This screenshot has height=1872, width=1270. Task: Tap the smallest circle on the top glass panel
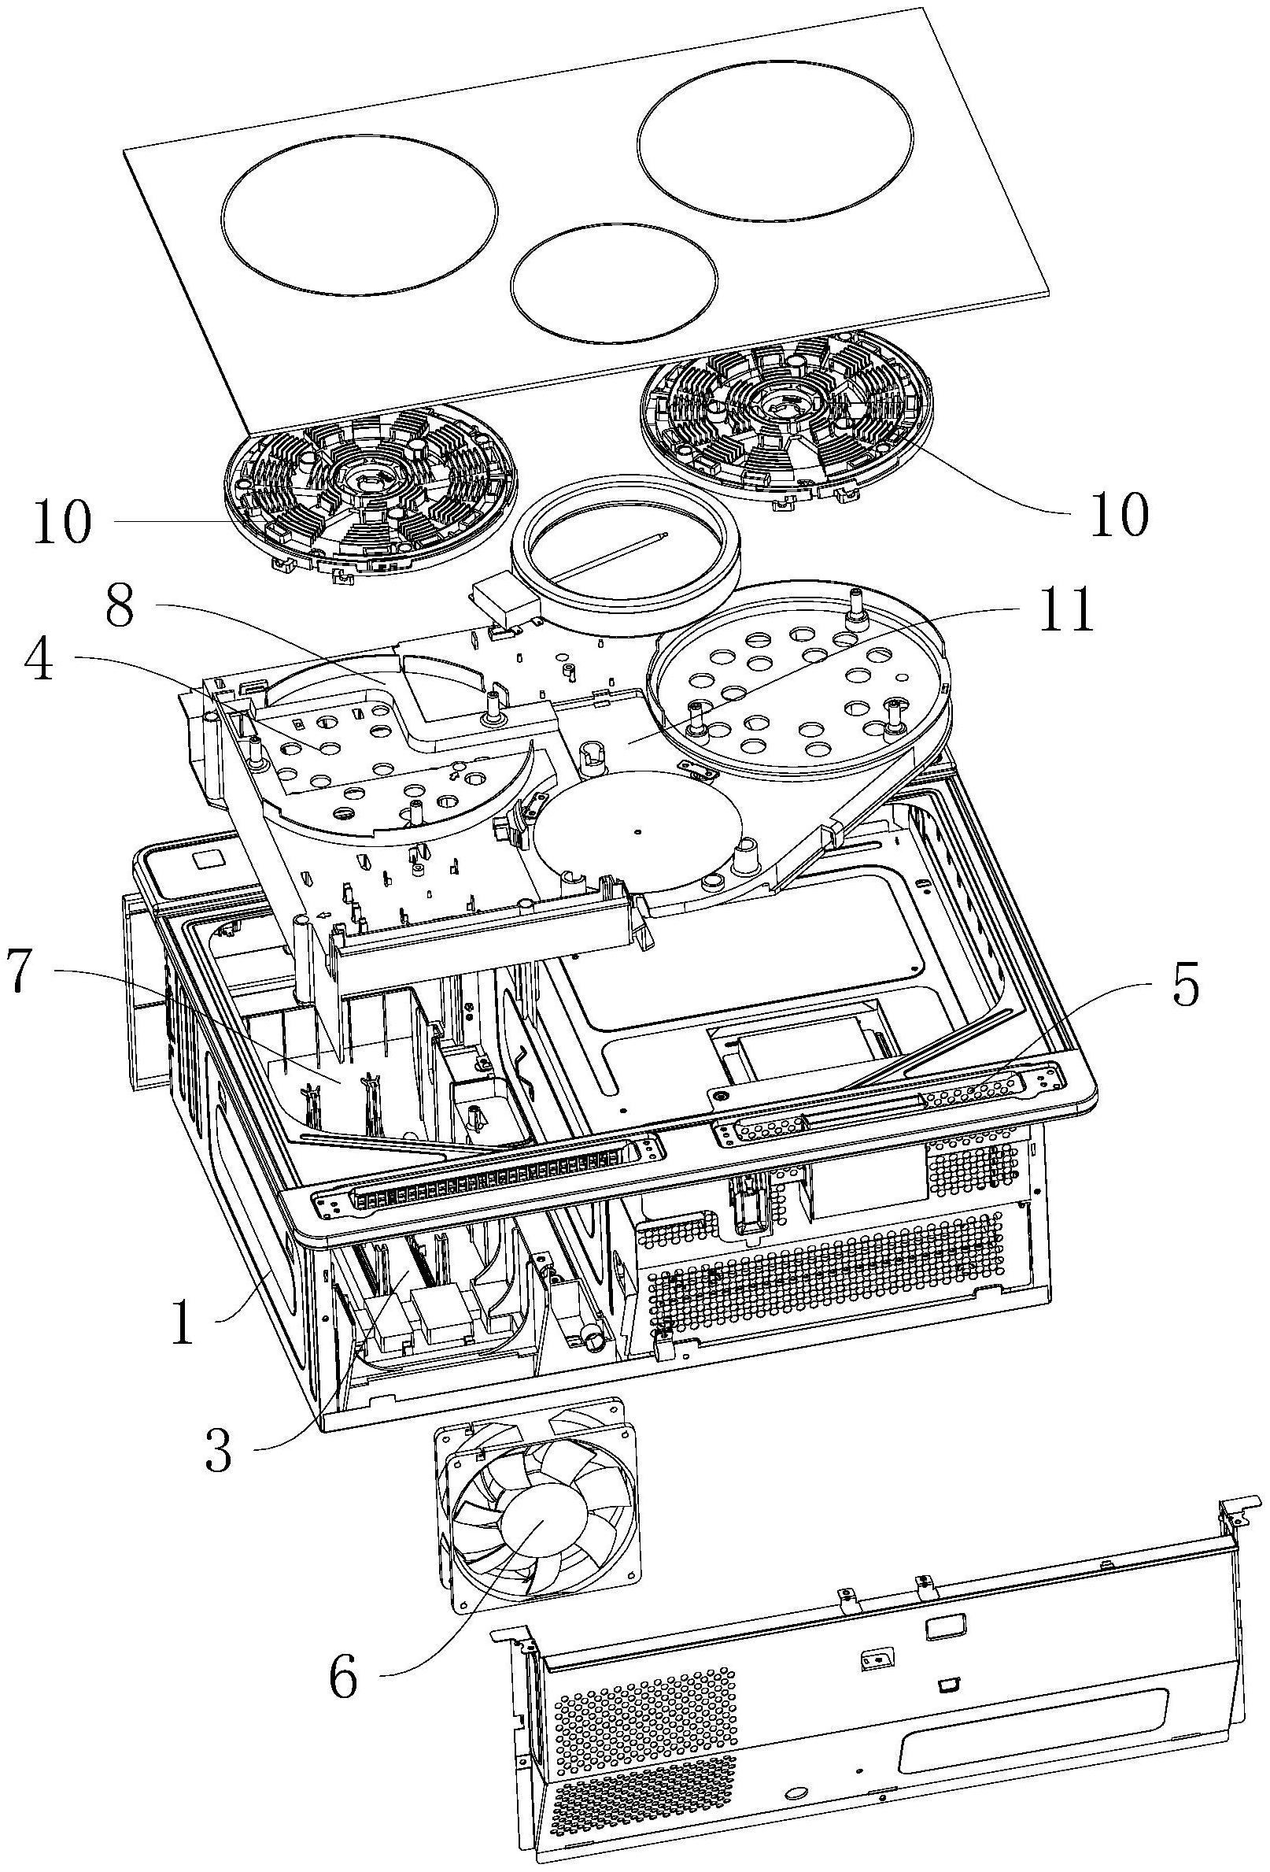[x=614, y=280]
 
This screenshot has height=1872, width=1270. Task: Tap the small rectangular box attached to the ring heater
[x=504, y=598]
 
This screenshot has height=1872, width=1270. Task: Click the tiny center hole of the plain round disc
[x=637, y=829]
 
